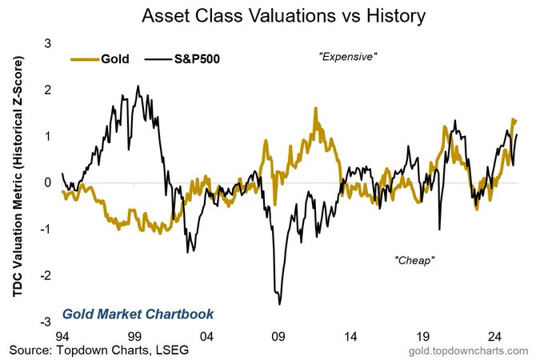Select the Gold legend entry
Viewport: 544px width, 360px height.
tap(95, 58)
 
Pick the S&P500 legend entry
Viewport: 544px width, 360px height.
tap(183, 58)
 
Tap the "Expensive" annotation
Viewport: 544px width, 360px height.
tap(348, 58)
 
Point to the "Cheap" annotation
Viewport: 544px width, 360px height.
tap(414, 262)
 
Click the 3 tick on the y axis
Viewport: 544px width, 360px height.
tap(47, 43)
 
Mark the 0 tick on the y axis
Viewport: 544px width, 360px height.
tap(47, 182)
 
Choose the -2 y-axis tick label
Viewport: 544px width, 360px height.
tap(45, 275)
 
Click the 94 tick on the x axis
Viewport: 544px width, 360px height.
tap(62, 336)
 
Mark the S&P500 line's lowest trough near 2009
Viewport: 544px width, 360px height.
tap(279, 304)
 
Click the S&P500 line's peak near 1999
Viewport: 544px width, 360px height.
tap(138, 86)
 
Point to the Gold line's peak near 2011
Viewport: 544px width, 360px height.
tap(315, 107)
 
